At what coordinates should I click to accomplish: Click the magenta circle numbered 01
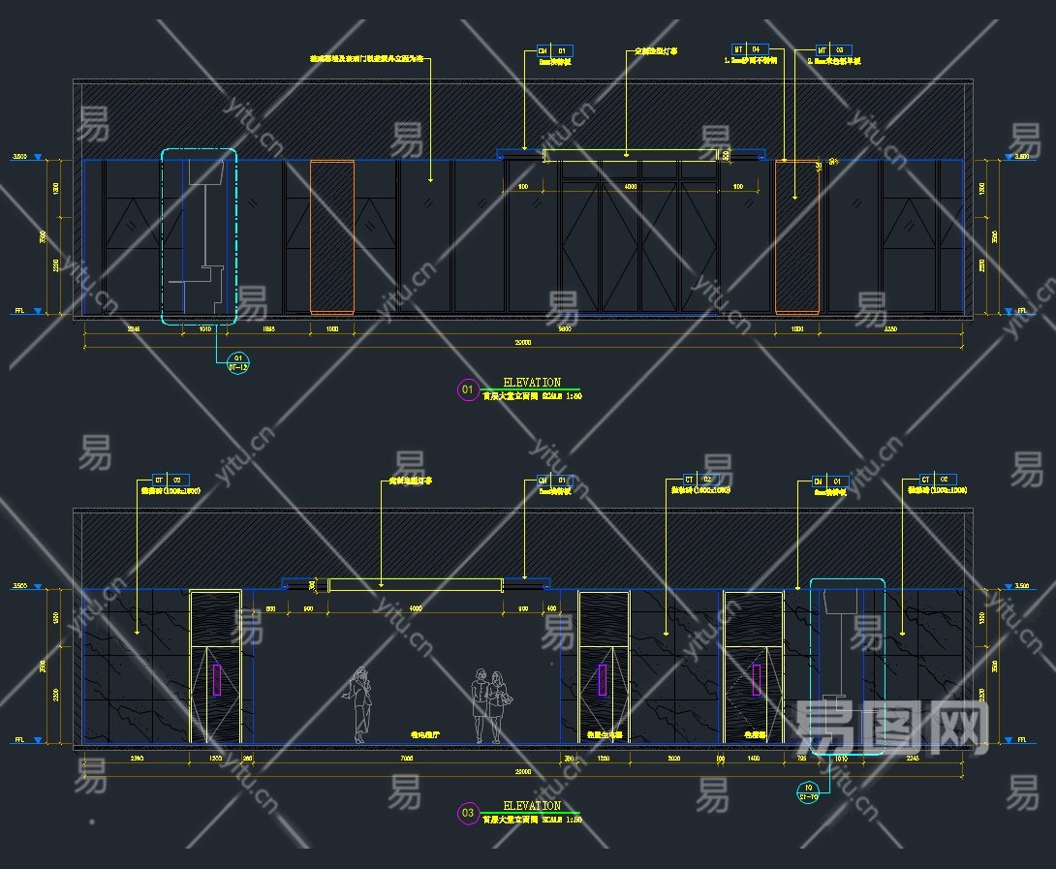(x=468, y=390)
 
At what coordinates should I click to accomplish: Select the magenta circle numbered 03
(x=468, y=813)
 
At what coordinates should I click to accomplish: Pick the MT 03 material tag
(x=832, y=48)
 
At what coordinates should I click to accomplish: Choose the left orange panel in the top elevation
(x=331, y=237)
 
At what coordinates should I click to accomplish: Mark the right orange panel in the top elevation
(x=797, y=237)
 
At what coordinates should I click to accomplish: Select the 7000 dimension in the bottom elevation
(x=407, y=759)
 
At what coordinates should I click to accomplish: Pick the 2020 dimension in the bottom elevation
(x=673, y=759)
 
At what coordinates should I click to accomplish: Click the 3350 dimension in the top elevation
(x=892, y=330)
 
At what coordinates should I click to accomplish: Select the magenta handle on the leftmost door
(x=215, y=679)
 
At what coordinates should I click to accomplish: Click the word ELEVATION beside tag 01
(x=532, y=383)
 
